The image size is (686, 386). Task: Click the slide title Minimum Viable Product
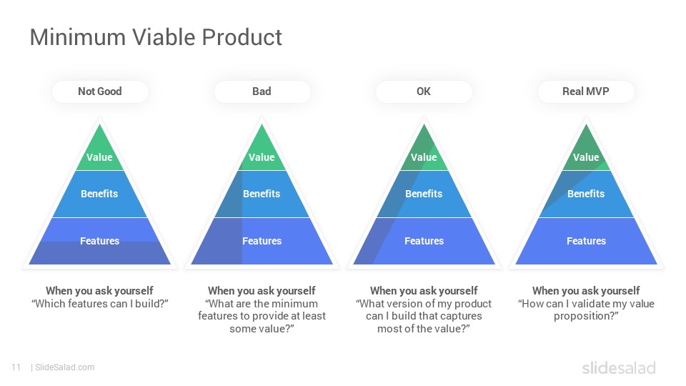156,37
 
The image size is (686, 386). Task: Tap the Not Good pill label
100,91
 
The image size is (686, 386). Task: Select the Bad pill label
262,91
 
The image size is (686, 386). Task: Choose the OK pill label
424,91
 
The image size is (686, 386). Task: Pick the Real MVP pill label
586,91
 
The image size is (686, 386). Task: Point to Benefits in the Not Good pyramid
99,194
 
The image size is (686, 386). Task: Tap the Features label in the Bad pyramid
262,241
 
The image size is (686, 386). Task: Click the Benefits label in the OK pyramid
424,194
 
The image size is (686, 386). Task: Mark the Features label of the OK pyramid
424,241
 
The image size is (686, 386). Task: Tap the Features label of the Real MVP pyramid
586,241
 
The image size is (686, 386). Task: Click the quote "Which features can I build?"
100,304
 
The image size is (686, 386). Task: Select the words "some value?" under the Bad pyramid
262,329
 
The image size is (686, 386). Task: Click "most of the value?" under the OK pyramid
424,329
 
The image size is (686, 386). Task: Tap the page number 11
16,367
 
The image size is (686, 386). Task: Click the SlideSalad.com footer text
65,367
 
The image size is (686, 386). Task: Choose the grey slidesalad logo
619,368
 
